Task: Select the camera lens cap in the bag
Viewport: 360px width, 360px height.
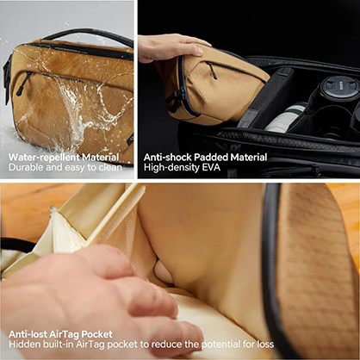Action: click(338, 88)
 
